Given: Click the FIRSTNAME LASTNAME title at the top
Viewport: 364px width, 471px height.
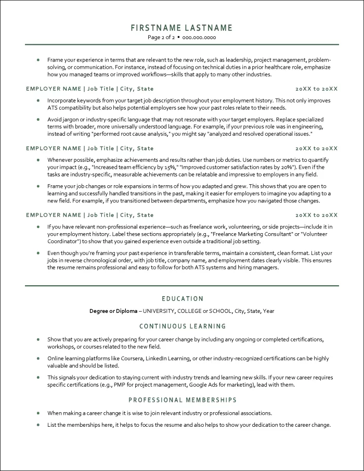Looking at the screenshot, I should click(181, 28).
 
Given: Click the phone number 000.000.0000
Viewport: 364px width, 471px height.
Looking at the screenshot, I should click(199, 38).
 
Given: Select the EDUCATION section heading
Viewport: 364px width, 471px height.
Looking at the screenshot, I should click(182, 299).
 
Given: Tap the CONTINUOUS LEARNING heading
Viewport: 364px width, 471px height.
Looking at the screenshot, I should click(182, 326).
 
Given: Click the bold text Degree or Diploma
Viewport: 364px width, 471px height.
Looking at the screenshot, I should click(113, 311).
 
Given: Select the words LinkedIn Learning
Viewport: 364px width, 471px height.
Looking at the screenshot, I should click(168, 359).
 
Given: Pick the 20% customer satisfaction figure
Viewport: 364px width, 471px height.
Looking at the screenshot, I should click(286, 167).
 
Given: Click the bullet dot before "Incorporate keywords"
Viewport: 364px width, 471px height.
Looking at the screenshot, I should click(38, 100).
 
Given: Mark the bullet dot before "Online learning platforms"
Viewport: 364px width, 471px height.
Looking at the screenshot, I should click(38, 359).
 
